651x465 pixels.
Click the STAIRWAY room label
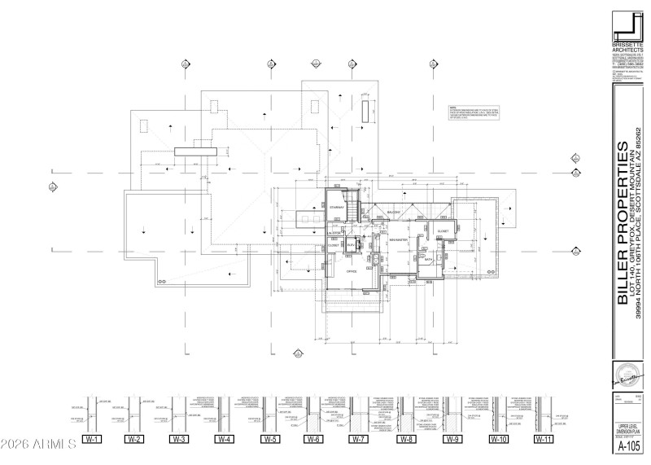pyautogui.click(x=337, y=208)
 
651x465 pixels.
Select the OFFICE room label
pyautogui.click(x=352, y=271)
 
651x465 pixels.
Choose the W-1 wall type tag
pyautogui.click(x=91, y=440)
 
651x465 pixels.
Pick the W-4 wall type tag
pyautogui.click(x=225, y=440)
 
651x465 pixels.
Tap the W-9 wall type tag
pyautogui.click(x=453, y=440)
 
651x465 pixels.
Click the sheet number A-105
pyautogui.click(x=627, y=447)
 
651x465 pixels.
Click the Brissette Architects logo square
pyautogui.click(x=628, y=24)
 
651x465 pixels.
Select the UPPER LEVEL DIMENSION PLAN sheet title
pyautogui.click(x=627, y=428)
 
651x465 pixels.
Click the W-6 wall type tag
pyautogui.click(x=315, y=440)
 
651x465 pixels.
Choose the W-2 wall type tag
pyautogui.click(x=135, y=440)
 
